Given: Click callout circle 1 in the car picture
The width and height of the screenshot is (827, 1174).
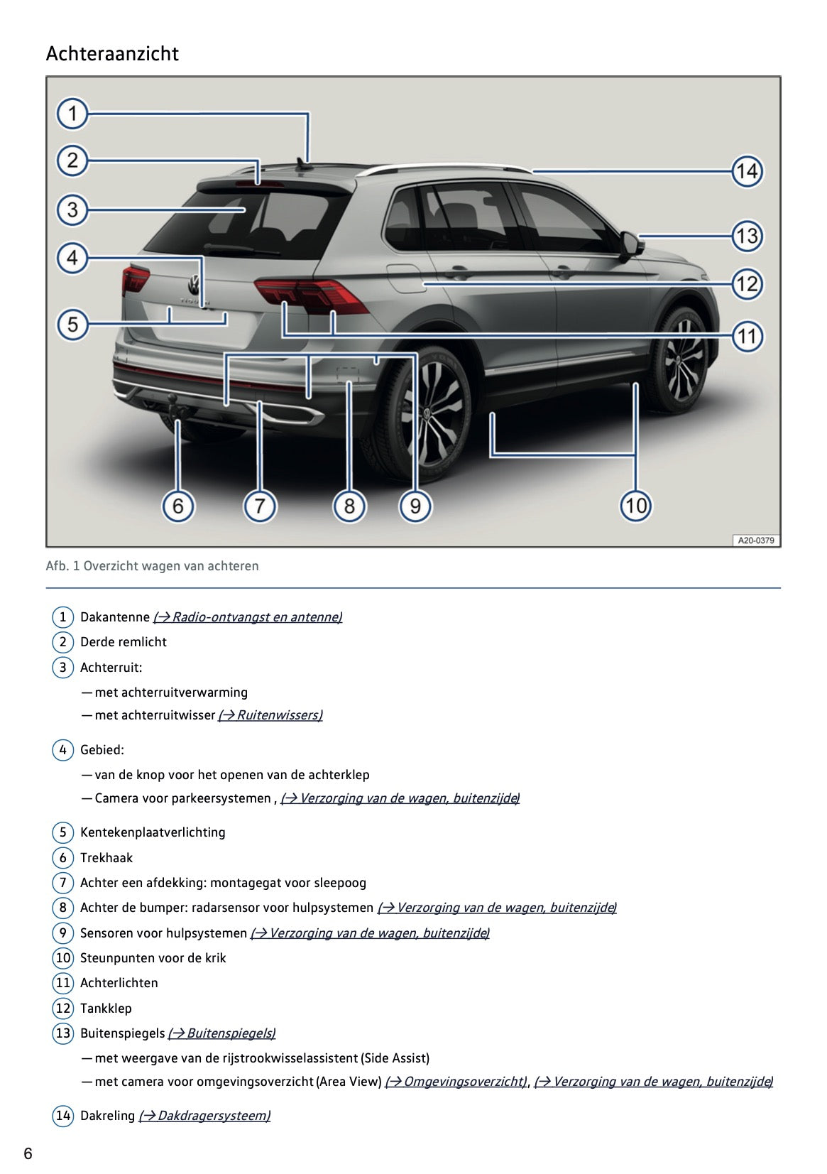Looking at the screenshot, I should [72, 114].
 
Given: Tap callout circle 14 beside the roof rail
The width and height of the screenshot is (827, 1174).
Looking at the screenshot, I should [747, 171].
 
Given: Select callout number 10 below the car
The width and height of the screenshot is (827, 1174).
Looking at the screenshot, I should [635, 506].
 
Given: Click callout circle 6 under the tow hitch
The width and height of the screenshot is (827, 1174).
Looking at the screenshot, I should [177, 506].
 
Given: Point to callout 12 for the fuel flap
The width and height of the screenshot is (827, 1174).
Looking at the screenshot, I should [747, 284].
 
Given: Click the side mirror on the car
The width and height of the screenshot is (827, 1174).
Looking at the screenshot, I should [630, 244].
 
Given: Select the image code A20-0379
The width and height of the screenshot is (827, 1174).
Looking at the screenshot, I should [755, 540].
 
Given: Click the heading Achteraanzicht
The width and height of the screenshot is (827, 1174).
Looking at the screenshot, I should [112, 54].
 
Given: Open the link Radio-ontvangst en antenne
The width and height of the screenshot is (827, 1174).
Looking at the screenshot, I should [248, 617].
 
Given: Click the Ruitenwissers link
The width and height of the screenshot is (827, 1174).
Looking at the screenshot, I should [270, 715].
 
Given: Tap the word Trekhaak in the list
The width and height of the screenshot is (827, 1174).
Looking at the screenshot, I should [106, 858].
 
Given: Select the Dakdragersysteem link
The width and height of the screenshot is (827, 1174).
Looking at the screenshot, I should [204, 1116].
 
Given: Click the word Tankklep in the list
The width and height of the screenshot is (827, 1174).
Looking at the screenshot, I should [106, 1009].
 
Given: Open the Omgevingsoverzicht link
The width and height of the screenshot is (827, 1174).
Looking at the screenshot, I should [456, 1082].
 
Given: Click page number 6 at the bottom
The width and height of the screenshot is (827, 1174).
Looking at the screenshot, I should [28, 1153].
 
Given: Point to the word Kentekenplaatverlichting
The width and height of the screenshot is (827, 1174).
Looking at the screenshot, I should [153, 832].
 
